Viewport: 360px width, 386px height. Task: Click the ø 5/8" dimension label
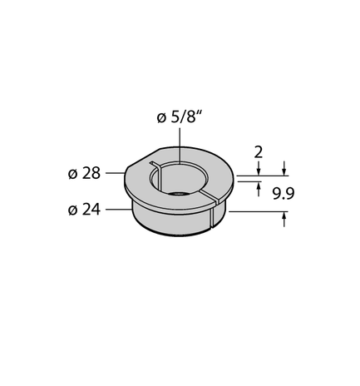[x=178, y=117]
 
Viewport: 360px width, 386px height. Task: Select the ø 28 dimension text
[x=84, y=174]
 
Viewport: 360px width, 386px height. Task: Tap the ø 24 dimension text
[x=84, y=210]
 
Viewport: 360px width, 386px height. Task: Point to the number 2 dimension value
[x=258, y=152]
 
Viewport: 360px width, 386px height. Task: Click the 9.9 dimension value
[x=284, y=194]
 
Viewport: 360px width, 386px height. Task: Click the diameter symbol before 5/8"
[x=161, y=118]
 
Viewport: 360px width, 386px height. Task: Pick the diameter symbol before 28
[x=72, y=174]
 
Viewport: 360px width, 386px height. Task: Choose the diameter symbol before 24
[x=72, y=210]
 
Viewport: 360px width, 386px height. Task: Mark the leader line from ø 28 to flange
[x=116, y=173]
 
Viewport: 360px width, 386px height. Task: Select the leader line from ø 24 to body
[x=119, y=210]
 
